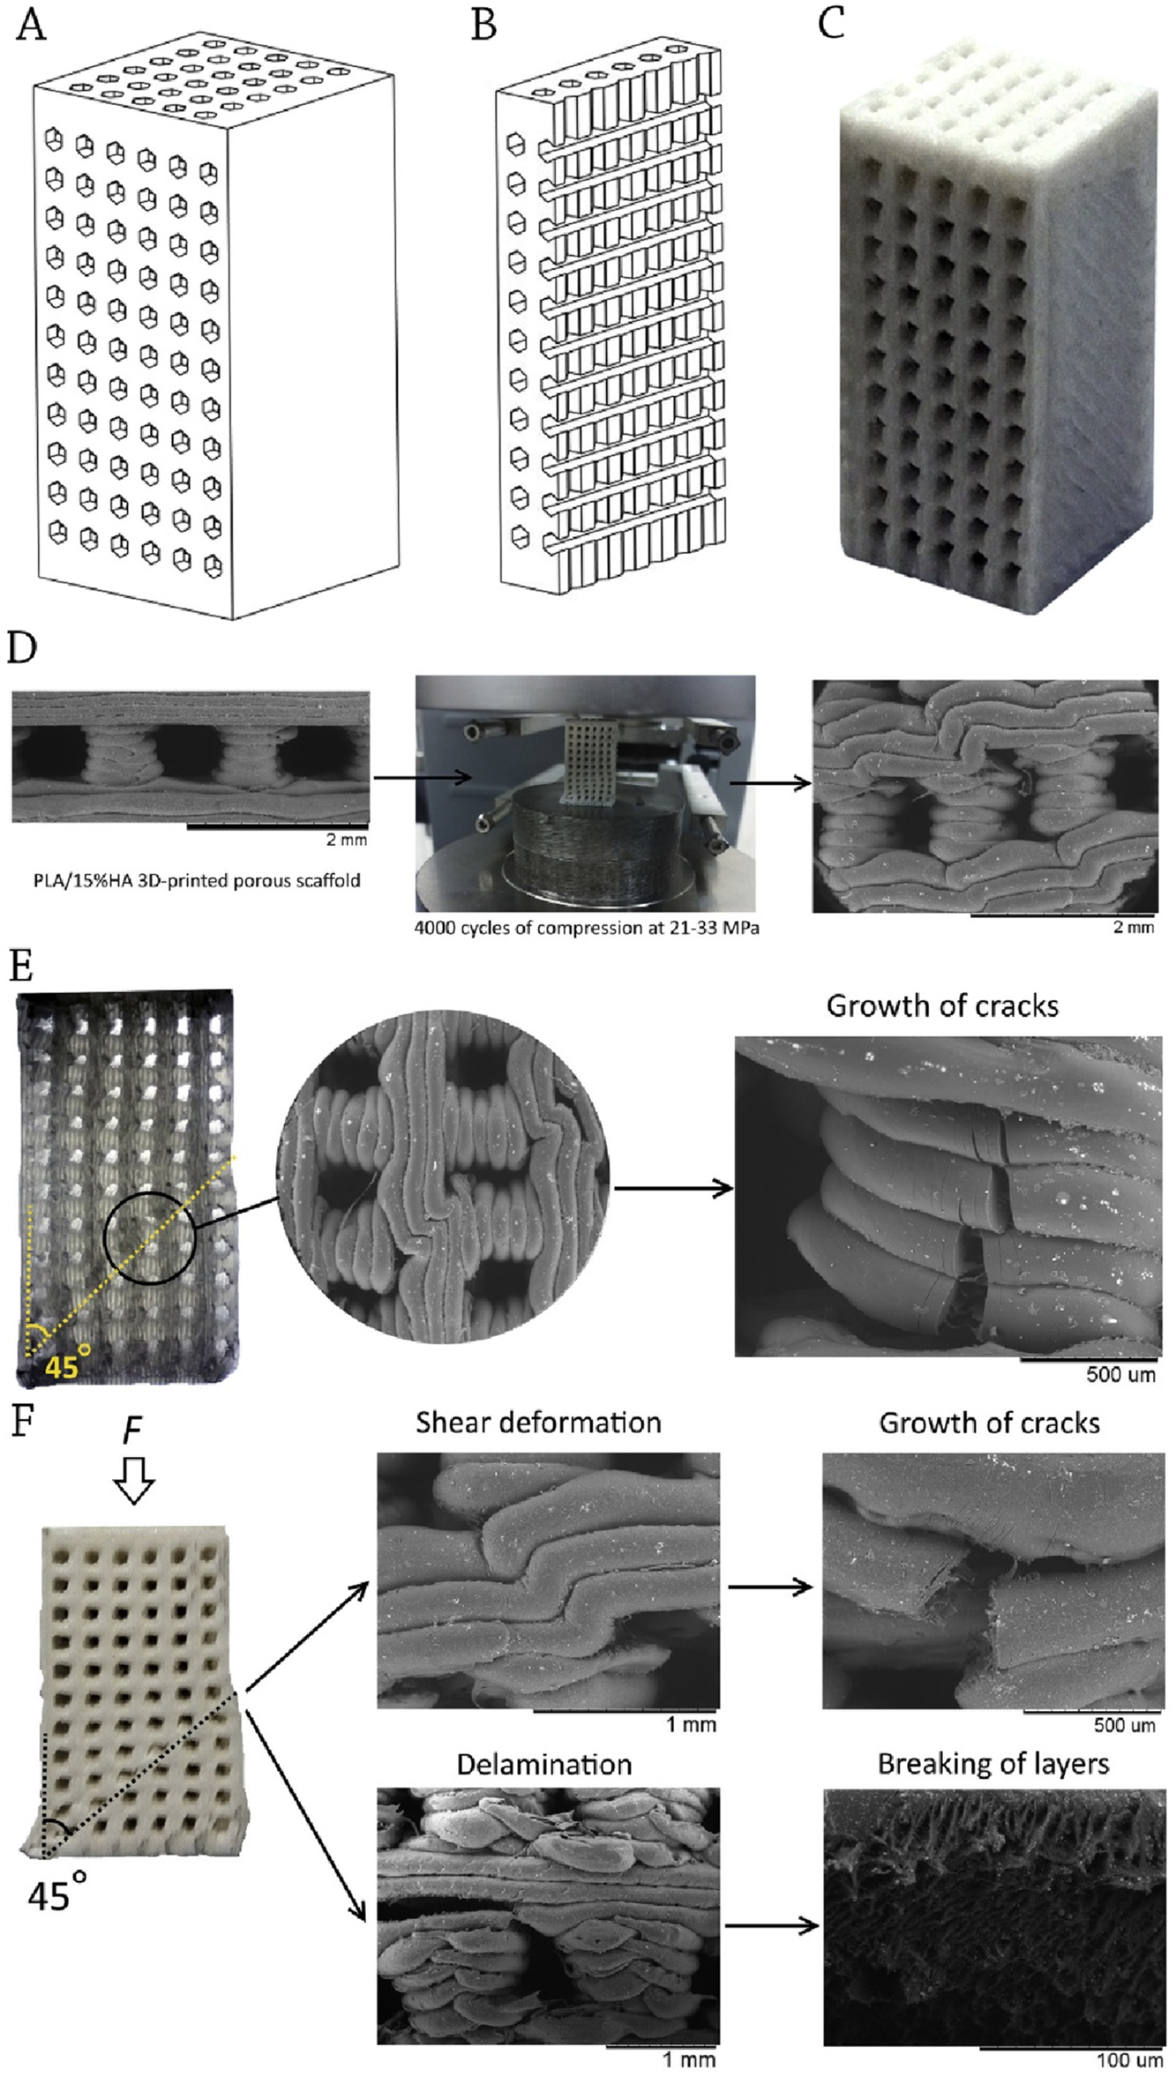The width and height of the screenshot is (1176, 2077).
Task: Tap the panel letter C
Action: [x=830, y=24]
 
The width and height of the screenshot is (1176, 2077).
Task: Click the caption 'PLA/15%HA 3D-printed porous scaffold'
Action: [x=197, y=880]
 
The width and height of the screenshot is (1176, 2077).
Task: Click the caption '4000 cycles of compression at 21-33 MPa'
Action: [x=587, y=928]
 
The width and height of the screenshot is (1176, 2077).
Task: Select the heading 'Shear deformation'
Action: [x=538, y=1423]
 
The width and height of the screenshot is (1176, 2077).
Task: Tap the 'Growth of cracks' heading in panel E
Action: [x=941, y=1006]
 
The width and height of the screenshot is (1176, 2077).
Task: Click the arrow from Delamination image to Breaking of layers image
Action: [x=770, y=1927]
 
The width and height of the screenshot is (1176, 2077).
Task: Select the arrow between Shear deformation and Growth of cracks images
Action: [x=769, y=1588]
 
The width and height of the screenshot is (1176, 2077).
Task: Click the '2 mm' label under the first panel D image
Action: [x=346, y=840]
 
